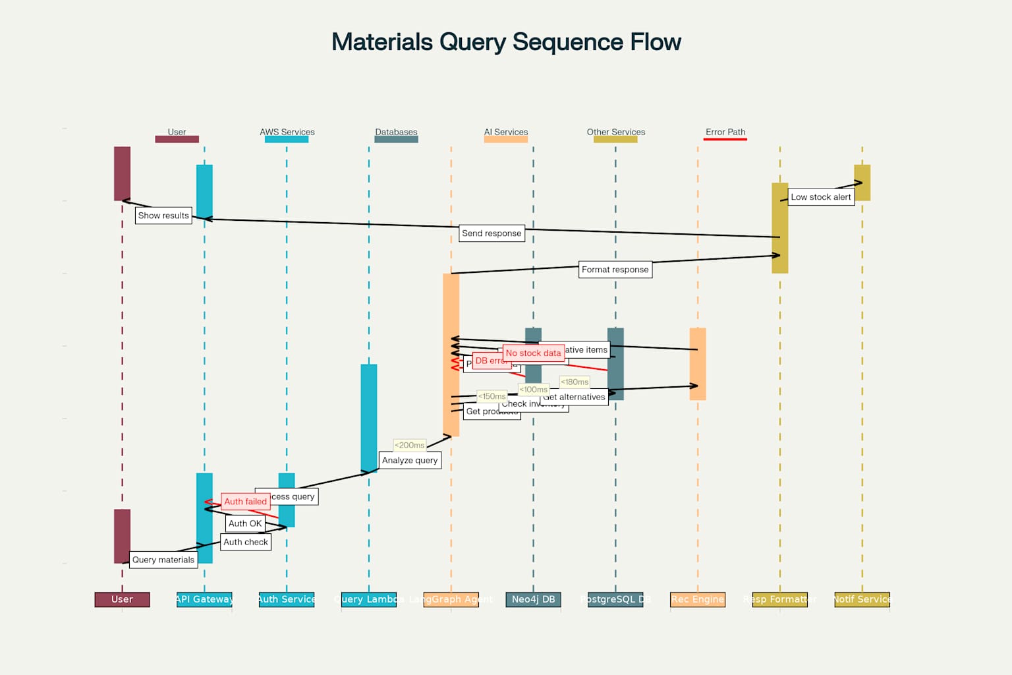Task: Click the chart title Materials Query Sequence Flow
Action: (506, 42)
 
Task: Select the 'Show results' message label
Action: (163, 216)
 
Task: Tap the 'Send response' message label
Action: (492, 233)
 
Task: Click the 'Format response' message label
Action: (615, 270)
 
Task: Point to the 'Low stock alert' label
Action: (820, 197)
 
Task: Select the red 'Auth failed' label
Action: (245, 502)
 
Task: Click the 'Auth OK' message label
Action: (245, 523)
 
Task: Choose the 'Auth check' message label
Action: (246, 542)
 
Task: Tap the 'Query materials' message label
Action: (163, 560)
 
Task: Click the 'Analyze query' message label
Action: (410, 460)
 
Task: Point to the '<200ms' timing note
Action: (409, 446)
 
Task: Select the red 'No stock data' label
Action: (533, 353)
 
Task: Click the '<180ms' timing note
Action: (575, 382)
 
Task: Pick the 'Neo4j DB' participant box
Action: (533, 599)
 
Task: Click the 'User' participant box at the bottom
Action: (122, 599)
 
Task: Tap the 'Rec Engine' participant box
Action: (698, 599)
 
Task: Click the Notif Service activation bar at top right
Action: (862, 183)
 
